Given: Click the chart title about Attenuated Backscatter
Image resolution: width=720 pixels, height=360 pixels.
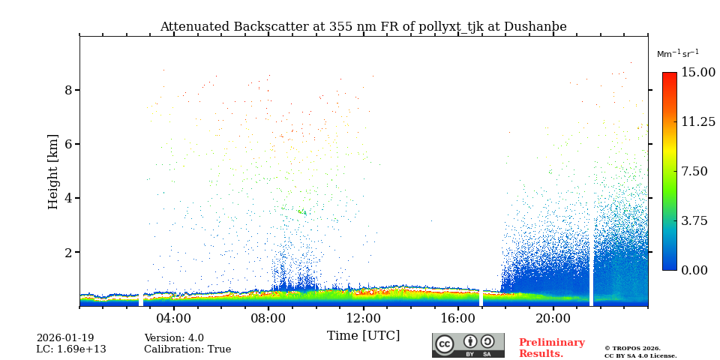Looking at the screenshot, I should point(363,27).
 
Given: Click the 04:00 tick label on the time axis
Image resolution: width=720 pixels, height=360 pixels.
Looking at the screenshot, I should point(173,317).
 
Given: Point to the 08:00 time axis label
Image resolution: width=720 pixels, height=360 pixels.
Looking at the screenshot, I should point(268,317).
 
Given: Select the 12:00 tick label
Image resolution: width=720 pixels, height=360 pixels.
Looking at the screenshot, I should point(363,317).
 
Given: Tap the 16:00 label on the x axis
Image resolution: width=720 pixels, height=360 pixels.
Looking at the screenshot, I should point(458,317).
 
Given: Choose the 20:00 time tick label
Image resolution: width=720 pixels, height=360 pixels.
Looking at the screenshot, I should point(553,317).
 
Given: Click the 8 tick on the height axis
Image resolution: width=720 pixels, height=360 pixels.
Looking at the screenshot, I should point(67,90).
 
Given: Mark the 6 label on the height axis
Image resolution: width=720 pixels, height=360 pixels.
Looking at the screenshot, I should point(67,144).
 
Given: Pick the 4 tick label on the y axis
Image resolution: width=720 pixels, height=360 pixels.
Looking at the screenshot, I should point(67,198).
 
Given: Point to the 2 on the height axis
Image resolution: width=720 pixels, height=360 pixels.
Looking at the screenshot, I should point(67,253).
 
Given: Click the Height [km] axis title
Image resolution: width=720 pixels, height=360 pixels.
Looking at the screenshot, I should point(53,171).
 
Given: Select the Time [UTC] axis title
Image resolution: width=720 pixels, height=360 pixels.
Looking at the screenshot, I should point(363,335).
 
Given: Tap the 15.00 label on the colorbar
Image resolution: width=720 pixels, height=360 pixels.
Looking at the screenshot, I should point(697,73).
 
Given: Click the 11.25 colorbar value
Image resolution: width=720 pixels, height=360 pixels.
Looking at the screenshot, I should point(697,121).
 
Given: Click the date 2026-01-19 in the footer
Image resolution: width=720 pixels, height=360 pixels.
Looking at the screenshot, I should point(65,338).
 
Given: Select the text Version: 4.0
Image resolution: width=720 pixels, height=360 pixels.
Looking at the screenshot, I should point(174,338).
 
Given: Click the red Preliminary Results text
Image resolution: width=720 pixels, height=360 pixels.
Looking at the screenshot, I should point(551,348).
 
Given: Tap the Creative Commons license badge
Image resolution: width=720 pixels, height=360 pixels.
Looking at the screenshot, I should point(468,345).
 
